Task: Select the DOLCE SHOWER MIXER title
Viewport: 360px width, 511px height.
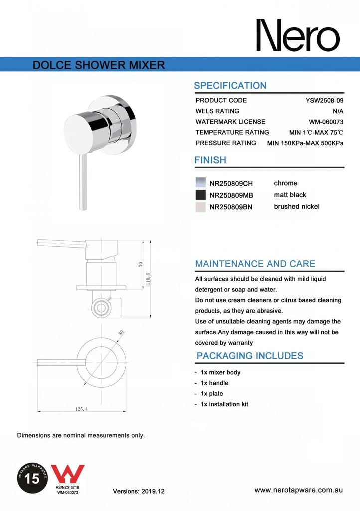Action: point(98,65)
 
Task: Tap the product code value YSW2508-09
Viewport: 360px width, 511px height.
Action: point(324,100)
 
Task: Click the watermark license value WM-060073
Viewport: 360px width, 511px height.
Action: point(326,122)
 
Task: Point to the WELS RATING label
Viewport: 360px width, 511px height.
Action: point(217,111)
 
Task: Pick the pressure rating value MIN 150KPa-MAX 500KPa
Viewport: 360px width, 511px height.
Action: point(305,143)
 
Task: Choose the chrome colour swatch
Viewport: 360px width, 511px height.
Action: point(200,183)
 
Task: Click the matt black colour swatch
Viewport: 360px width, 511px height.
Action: point(200,195)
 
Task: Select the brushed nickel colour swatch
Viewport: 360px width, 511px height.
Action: point(200,207)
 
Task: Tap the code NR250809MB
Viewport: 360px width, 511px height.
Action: point(231,195)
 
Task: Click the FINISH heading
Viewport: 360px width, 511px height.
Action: point(210,160)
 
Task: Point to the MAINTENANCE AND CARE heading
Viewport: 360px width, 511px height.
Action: point(255,264)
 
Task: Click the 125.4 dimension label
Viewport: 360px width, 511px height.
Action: point(82,409)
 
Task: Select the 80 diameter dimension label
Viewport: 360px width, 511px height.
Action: point(121,333)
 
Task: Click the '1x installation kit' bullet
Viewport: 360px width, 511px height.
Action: point(224,404)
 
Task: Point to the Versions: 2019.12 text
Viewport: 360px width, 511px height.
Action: point(139,491)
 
